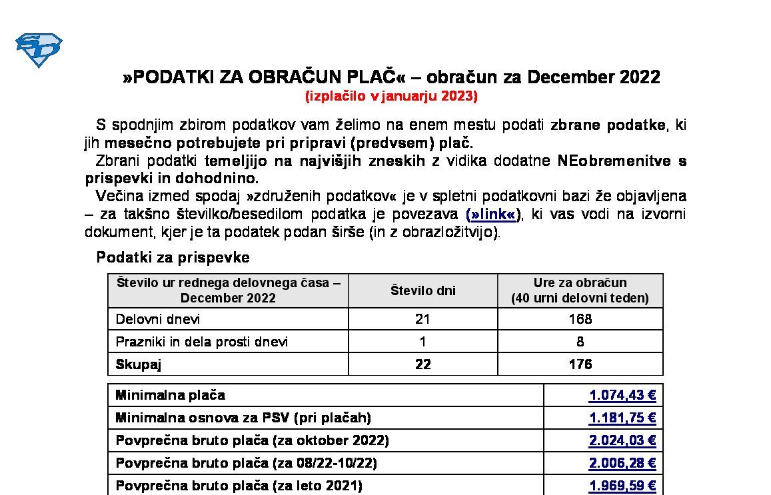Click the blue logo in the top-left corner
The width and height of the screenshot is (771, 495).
39,50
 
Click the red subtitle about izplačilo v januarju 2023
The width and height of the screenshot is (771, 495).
391,96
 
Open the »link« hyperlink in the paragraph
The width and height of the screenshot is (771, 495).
492,215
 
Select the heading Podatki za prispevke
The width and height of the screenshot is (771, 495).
173,257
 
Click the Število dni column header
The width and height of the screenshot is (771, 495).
422,290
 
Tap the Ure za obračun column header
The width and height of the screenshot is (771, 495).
580,290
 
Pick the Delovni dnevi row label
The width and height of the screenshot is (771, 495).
158,319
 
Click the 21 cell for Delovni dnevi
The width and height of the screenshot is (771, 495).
422,319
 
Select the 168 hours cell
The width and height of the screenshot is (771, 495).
580,319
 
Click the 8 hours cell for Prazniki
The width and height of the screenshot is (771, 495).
580,342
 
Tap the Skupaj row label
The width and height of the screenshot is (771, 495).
139,364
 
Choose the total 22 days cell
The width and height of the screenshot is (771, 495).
422,364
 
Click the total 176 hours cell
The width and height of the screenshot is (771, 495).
580,364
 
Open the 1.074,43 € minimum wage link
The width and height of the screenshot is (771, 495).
622,395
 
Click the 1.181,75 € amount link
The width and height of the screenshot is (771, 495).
622,418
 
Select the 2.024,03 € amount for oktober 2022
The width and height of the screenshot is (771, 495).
622,440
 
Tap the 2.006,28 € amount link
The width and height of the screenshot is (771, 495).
622,463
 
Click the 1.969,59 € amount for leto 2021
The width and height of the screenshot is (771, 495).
622,486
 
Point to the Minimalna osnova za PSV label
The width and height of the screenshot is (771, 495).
243,418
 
